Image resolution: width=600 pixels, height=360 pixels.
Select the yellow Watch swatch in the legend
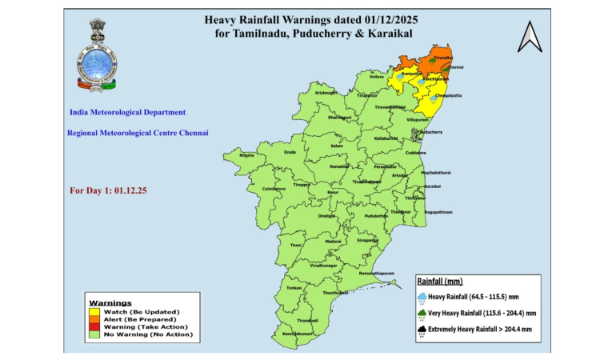pos(93,311)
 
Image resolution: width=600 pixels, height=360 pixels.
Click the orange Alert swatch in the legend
pos(93,318)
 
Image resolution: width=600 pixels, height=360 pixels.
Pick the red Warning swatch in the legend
pos(93,326)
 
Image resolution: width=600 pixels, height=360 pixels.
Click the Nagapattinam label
pos(438,212)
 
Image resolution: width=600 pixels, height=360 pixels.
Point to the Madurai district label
pos(333,240)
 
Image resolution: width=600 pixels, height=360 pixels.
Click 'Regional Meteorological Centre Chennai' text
pos(138,133)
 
